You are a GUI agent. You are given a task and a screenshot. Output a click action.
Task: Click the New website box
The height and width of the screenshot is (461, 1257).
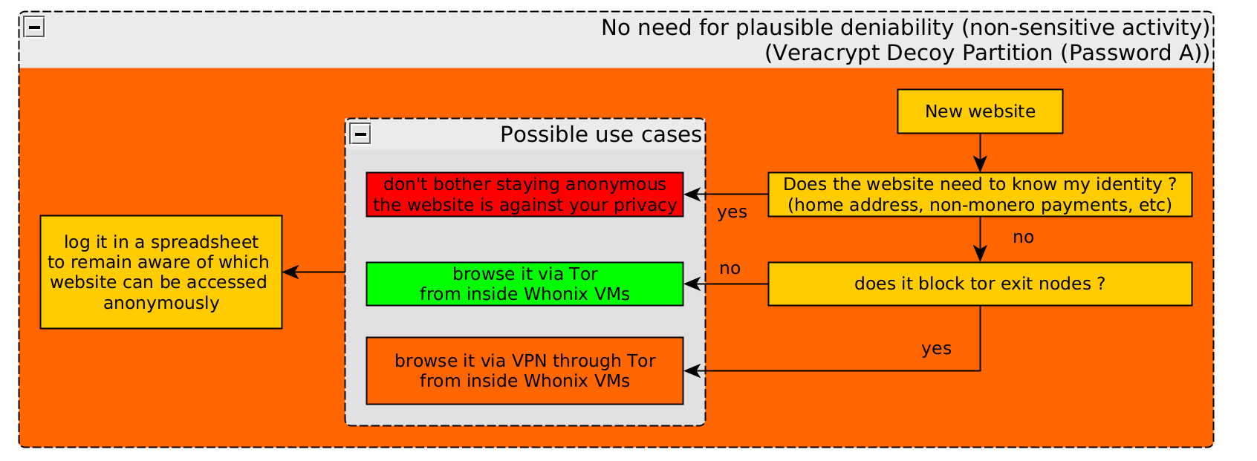[980, 111]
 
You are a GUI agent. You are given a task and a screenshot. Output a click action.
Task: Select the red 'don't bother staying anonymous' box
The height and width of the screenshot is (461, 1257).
[524, 194]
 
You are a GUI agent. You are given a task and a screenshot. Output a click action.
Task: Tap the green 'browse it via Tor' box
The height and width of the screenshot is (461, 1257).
[524, 284]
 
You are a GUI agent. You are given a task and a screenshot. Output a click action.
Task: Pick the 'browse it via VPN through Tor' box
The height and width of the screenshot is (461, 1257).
[524, 370]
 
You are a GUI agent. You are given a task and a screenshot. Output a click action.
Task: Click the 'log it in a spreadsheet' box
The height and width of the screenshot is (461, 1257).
[161, 272]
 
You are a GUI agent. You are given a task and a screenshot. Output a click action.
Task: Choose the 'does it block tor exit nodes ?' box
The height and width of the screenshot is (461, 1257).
[980, 284]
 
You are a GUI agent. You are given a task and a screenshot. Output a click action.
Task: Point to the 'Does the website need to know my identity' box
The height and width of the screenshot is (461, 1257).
[980, 194]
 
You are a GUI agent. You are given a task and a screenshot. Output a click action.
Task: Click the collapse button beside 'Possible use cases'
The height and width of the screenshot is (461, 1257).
[360, 134]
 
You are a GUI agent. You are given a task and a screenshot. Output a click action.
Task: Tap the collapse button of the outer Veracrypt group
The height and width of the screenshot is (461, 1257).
[34, 27]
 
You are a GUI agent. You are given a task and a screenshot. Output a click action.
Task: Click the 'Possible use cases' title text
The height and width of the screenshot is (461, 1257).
[601, 134]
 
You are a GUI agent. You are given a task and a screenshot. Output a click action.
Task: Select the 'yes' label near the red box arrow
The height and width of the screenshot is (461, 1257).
[733, 212]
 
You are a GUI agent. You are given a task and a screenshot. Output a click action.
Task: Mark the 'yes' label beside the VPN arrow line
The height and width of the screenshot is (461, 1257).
[937, 349]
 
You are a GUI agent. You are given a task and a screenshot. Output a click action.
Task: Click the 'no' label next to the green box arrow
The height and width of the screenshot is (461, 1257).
[730, 268]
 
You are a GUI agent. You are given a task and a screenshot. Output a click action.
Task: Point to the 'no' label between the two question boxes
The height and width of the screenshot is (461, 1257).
[1024, 238]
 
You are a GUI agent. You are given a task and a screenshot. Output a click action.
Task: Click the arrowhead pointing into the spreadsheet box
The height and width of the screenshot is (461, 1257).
[290, 272]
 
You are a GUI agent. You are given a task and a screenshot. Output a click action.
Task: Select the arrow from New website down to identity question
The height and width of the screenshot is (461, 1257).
[980, 152]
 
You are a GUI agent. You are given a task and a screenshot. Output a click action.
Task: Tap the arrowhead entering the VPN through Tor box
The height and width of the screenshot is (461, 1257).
[692, 370]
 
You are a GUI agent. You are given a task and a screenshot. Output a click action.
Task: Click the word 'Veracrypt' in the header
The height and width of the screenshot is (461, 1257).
[827, 53]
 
